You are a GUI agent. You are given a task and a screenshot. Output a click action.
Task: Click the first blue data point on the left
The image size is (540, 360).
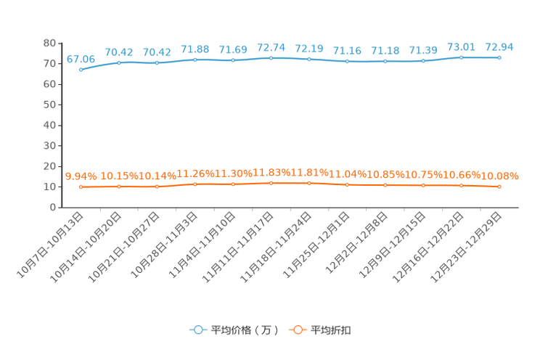pos(81,70)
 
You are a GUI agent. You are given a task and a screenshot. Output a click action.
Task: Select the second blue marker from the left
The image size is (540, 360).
pos(119,63)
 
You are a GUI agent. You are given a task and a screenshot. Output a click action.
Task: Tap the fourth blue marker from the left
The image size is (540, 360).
pos(195,60)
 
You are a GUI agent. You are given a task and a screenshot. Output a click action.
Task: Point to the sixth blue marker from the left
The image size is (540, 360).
pos(271,57)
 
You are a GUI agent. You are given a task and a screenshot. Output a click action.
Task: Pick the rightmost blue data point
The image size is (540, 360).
pos(499,57)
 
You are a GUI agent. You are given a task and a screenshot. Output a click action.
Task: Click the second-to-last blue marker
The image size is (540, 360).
pos(461,57)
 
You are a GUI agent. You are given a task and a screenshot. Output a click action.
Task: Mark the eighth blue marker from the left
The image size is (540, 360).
pos(347,62)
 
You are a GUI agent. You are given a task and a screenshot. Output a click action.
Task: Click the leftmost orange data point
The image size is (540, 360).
pos(81,187)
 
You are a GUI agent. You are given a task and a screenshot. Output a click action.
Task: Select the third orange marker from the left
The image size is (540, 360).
pos(157,187)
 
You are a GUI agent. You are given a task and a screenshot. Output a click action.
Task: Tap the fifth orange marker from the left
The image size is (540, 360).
pos(233,184)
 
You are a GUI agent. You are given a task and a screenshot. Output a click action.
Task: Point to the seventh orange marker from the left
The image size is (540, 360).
pos(309,184)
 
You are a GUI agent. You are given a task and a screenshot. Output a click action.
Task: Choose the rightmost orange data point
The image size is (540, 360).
pos(499,187)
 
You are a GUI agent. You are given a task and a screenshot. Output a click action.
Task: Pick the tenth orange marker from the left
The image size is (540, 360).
pos(423,186)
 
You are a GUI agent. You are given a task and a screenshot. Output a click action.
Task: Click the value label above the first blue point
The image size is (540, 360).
pos(81,58)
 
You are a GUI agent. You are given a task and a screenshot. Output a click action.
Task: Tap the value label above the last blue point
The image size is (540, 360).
pos(499,46)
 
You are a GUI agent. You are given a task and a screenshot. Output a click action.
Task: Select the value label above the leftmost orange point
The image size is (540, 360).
pos(78,175)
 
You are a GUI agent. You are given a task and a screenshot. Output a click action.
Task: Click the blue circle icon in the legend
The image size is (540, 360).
pos(197,330)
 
